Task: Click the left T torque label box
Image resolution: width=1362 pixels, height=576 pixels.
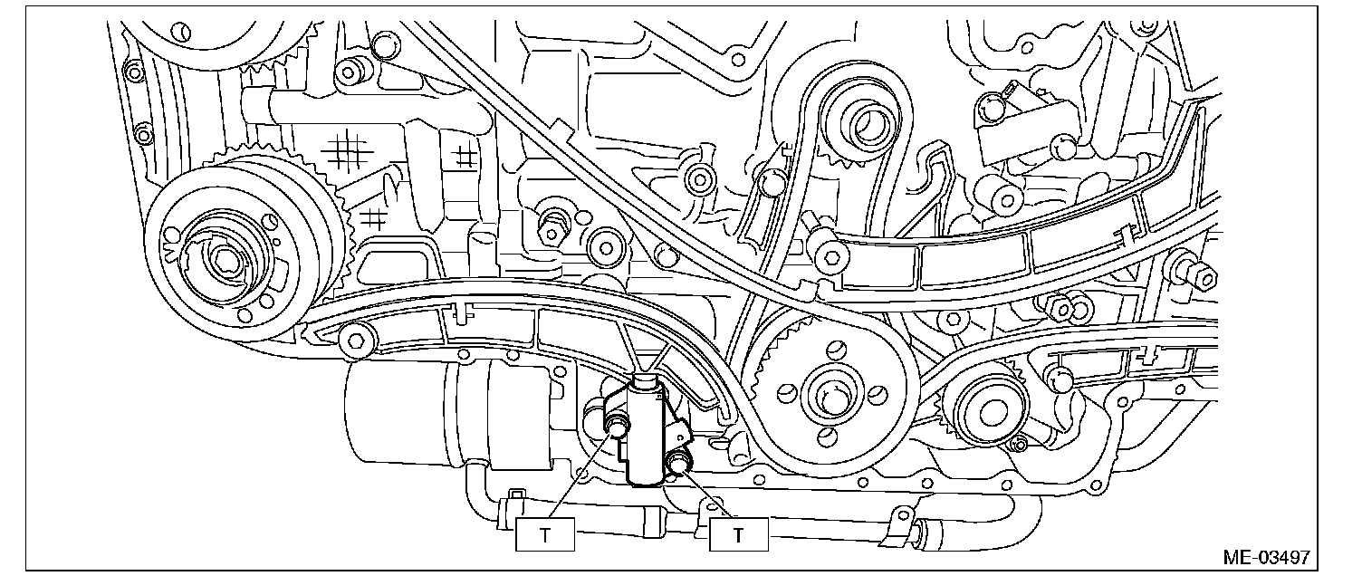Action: tap(545, 534)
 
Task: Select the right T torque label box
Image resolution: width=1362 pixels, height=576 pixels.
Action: tap(738, 534)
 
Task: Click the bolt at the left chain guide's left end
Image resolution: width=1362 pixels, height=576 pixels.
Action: tap(355, 340)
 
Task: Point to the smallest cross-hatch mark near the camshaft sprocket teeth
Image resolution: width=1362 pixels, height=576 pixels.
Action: tap(373, 217)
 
